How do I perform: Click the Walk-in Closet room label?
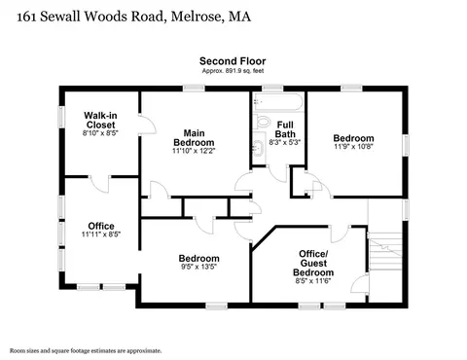pyautogui.click(x=100, y=120)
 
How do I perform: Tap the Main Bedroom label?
pyautogui.click(x=194, y=138)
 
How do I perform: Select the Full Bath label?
pyautogui.click(x=285, y=129)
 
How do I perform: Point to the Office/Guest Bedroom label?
pyautogui.click(x=313, y=263)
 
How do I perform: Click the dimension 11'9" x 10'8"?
pyautogui.click(x=353, y=147)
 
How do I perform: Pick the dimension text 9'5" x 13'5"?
pyautogui.click(x=199, y=267)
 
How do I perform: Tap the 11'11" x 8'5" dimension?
pyautogui.click(x=101, y=234)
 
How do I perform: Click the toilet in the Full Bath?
pyautogui.click(x=262, y=122)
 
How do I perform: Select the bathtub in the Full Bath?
pyautogui.click(x=278, y=102)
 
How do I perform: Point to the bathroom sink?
pyautogui.click(x=259, y=148)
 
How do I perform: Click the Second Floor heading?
pyautogui.click(x=233, y=61)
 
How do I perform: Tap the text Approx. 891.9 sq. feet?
pyautogui.click(x=233, y=71)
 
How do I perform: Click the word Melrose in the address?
pyautogui.click(x=197, y=17)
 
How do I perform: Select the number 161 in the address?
pyautogui.click(x=26, y=17)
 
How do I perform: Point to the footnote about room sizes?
pyautogui.click(x=86, y=350)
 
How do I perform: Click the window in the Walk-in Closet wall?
pyautogui.click(x=61, y=117)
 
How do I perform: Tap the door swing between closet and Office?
pyautogui.click(x=99, y=185)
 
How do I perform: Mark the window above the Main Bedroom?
pyautogui.click(x=194, y=88)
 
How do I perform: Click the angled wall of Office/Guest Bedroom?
pyautogui.click(x=264, y=238)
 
